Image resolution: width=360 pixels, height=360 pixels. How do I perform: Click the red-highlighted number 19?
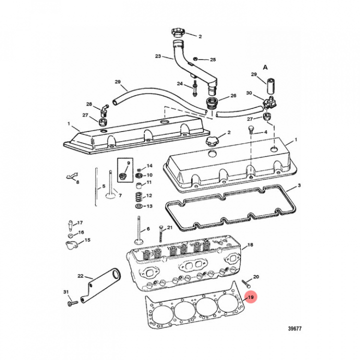[x=251, y=298]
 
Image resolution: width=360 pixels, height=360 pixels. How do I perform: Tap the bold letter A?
[x=265, y=66]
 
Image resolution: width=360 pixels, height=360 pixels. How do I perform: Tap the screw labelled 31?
[x=69, y=302]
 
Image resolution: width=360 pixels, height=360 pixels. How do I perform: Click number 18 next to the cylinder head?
[x=250, y=244]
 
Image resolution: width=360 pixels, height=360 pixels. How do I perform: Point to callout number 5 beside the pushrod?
[x=103, y=187]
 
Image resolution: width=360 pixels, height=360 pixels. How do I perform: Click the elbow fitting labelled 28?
[x=103, y=108]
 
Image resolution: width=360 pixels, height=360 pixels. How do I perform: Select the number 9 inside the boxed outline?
[x=127, y=163]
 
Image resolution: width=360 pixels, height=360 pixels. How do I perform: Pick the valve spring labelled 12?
[x=138, y=195]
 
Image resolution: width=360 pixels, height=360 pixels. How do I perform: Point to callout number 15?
[x=87, y=240]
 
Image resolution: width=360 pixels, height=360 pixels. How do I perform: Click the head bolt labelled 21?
[x=160, y=233]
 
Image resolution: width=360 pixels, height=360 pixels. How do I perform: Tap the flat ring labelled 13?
[x=138, y=206]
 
